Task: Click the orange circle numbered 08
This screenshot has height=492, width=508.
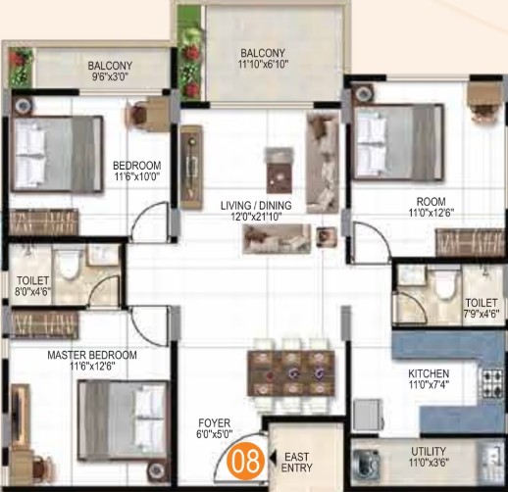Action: pyautogui.click(x=245, y=462)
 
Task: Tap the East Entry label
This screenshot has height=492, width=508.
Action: pyautogui.click(x=296, y=462)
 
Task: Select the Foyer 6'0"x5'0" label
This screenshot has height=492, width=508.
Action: pyautogui.click(x=215, y=428)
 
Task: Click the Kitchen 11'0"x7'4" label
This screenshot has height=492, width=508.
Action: pyautogui.click(x=429, y=379)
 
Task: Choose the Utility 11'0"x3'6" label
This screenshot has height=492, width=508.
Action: pyautogui.click(x=429, y=457)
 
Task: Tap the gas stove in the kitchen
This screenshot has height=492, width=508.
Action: pyautogui.click(x=491, y=383)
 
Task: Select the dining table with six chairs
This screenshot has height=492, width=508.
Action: pyautogui.click(x=291, y=372)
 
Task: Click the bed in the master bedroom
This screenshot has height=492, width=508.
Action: pyautogui.click(x=123, y=420)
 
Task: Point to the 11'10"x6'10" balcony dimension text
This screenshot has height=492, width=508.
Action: pyautogui.click(x=263, y=65)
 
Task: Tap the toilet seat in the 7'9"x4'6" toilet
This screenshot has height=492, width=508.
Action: pyautogui.click(x=444, y=282)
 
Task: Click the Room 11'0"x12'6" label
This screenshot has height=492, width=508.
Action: pyautogui.click(x=432, y=207)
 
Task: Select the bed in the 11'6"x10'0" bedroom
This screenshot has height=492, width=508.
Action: pyautogui.click(x=57, y=153)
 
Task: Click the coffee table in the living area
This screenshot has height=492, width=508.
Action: pyautogui.click(x=279, y=171)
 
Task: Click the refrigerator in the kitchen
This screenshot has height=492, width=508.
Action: pyautogui.click(x=368, y=415)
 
